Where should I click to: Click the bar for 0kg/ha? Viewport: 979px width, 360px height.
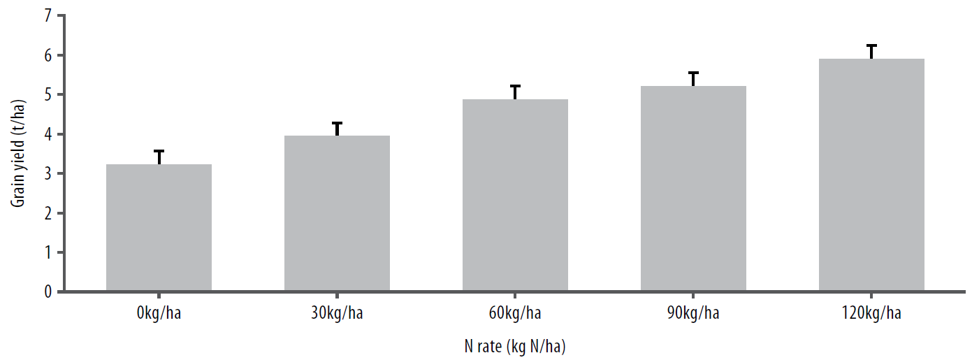click(159, 227)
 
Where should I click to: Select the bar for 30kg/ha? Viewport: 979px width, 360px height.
click(337, 213)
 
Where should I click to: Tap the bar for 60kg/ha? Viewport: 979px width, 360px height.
click(515, 195)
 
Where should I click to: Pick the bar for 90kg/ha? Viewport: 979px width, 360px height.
click(693, 188)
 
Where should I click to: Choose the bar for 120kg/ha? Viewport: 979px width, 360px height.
click(871, 175)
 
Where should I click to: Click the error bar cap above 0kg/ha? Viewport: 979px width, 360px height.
click(159, 151)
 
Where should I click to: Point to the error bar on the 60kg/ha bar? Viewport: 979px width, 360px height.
click(515, 92)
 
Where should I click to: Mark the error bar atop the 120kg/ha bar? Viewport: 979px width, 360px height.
click(871, 51)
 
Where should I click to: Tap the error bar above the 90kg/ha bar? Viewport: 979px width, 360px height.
click(693, 78)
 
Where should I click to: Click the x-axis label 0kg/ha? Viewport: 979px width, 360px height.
click(159, 312)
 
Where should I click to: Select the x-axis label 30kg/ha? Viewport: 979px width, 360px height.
click(337, 312)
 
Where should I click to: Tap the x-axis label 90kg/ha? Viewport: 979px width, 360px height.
click(693, 312)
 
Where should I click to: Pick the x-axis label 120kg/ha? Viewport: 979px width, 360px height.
click(871, 312)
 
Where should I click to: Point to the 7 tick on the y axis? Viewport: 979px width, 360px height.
click(48, 16)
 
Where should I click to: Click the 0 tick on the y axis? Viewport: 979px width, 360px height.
click(48, 291)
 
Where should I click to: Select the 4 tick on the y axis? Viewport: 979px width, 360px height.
click(48, 134)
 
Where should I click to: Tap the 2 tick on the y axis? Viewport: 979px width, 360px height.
click(48, 213)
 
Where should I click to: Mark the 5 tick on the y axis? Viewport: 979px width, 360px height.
click(48, 95)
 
